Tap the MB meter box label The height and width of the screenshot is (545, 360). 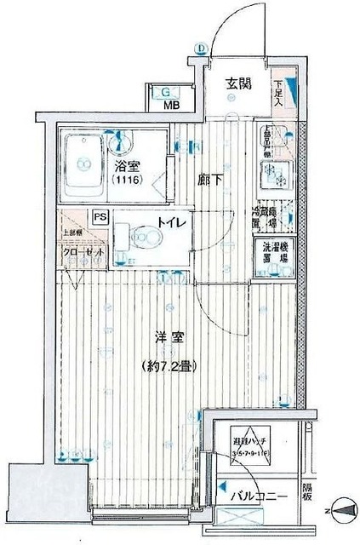pyautogui.click(x=172, y=106)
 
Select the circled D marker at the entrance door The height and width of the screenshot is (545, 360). pyautogui.click(x=202, y=49)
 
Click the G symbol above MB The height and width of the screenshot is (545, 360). pyautogui.click(x=167, y=92)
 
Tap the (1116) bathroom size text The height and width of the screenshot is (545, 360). pyautogui.click(x=126, y=181)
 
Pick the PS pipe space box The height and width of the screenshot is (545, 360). pyautogui.click(x=101, y=216)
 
